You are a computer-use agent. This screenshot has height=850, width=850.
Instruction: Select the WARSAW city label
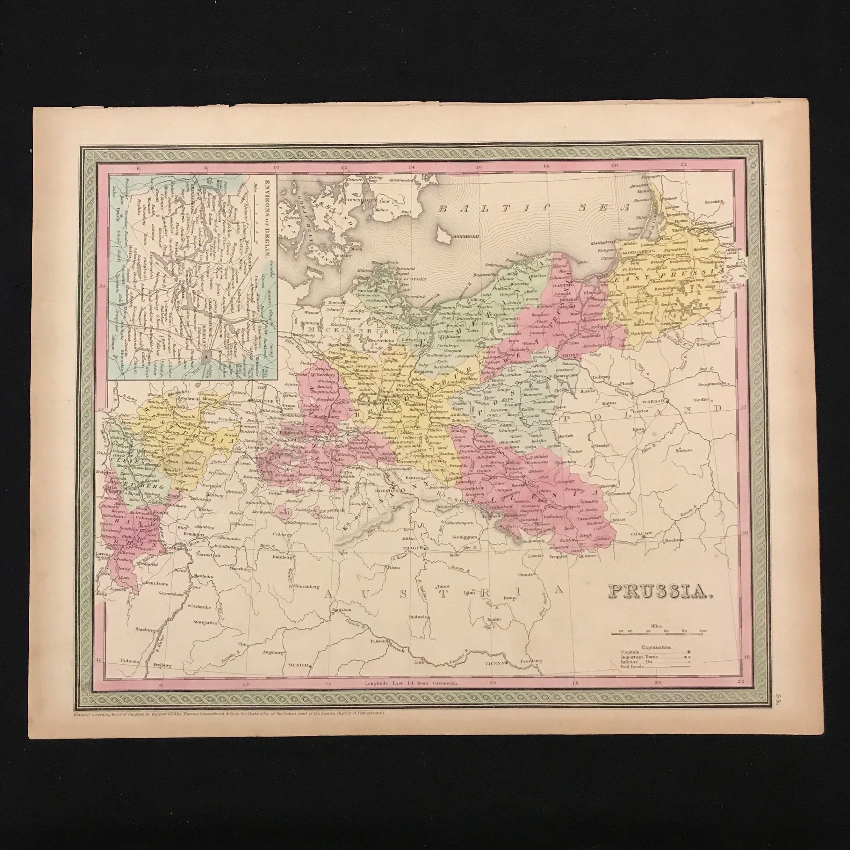pyautogui.click(x=654, y=401)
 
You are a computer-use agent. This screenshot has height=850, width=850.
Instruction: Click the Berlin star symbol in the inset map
pyautogui.click(x=205, y=358)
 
